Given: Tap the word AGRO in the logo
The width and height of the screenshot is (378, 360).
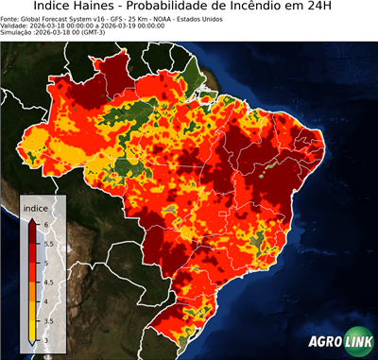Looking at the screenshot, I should tap(323, 340).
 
